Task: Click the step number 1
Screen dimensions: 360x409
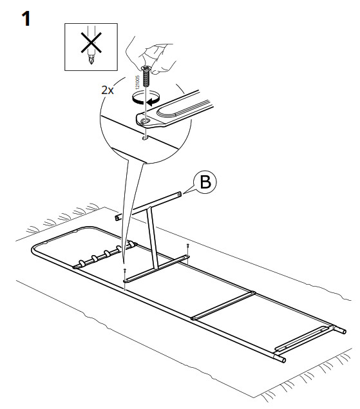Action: [x=26, y=19]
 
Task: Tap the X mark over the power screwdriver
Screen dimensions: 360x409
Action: [x=91, y=43]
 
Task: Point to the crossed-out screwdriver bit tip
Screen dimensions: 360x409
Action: [x=91, y=61]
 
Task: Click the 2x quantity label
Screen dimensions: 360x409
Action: [x=108, y=90]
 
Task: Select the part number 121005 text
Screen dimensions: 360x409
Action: [x=138, y=81]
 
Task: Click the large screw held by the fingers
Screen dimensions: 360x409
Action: [x=146, y=76]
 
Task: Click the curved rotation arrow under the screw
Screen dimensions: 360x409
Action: [x=146, y=99]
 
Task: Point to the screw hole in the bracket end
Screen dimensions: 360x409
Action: [x=144, y=121]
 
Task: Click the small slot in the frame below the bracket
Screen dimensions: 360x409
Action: [x=145, y=138]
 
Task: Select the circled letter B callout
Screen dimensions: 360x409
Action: [x=205, y=182]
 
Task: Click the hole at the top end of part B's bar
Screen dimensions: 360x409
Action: [x=178, y=195]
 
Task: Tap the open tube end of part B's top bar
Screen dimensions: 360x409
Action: [x=117, y=217]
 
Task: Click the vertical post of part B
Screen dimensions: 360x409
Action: [x=153, y=237]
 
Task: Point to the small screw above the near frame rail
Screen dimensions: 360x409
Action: [x=125, y=271]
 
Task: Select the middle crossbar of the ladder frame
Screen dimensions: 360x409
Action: [x=223, y=305]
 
